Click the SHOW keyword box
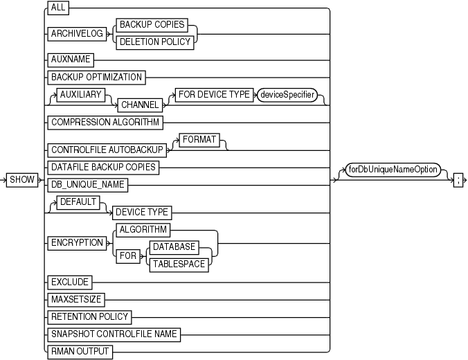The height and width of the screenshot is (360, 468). pos(22,180)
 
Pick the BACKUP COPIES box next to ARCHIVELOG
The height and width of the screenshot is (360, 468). pos(152,24)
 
